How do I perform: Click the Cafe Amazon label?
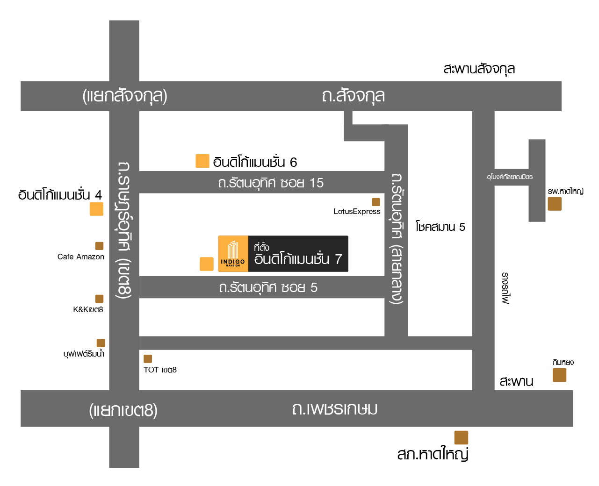tap(80, 257)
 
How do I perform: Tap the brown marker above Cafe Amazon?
tap(99, 246)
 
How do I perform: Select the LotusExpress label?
tap(357, 211)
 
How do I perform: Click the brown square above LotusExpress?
tap(376, 202)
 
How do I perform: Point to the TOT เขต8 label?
tap(160, 370)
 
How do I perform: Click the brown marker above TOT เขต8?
tap(148, 359)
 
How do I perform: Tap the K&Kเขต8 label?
tap(88, 309)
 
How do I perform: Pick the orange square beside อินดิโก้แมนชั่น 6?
tap(202, 161)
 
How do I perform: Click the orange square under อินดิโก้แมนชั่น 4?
tap(96, 209)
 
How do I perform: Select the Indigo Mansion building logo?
tap(233, 254)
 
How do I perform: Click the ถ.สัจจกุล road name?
tap(353, 96)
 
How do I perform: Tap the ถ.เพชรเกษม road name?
tap(334, 409)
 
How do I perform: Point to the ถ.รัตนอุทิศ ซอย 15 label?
tap(271, 183)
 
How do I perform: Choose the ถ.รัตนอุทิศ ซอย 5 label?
tap(268, 287)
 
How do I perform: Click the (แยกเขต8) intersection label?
tap(123, 410)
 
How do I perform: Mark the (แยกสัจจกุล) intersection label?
tap(125, 96)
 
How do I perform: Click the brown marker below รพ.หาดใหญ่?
tap(555, 204)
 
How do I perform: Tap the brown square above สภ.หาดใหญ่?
tap(461, 437)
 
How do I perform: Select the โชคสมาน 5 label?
tap(440, 227)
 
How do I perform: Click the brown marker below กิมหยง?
tap(559, 375)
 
